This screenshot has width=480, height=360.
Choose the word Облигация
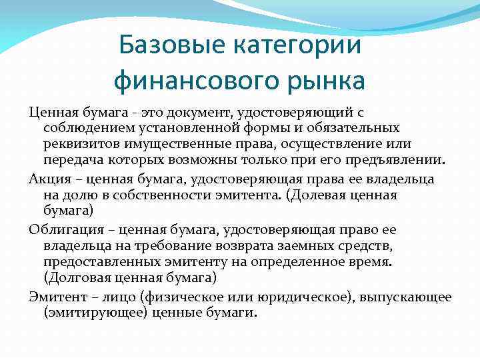click(x=64, y=229)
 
